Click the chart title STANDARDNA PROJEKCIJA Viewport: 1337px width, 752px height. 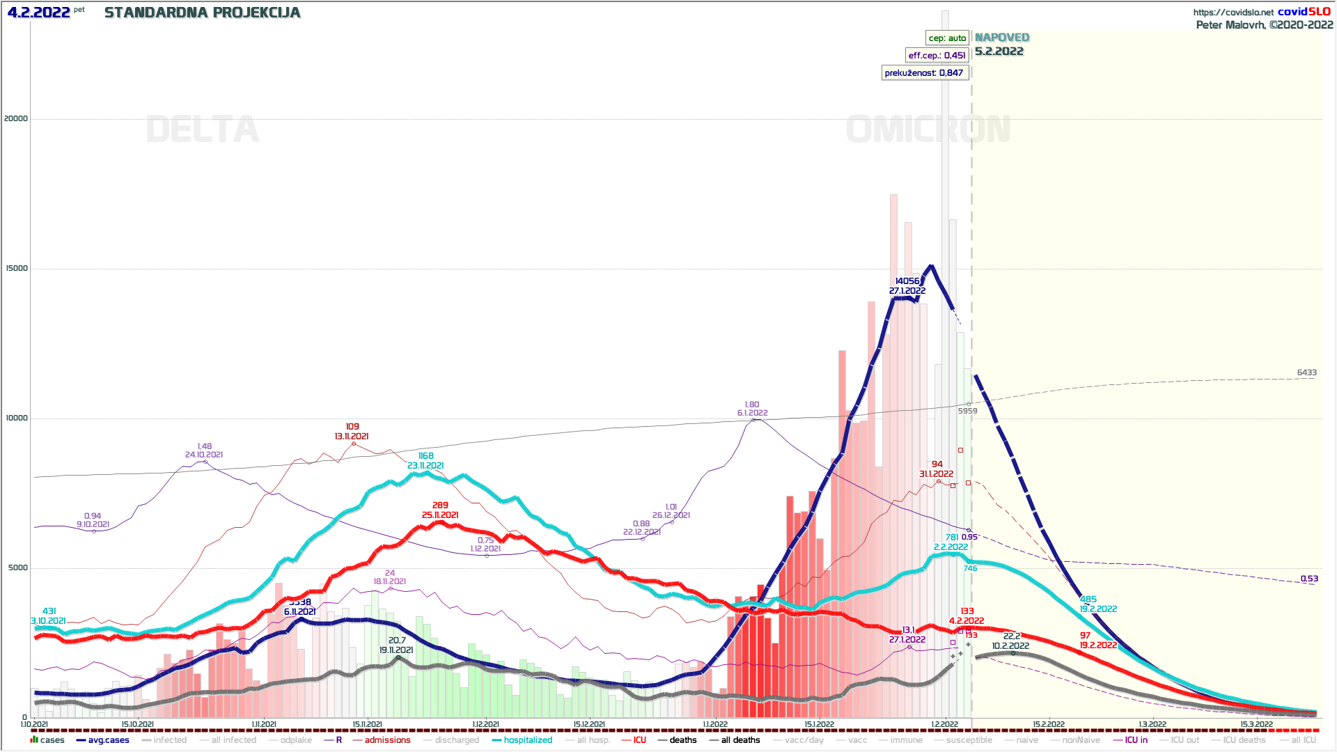click(x=202, y=13)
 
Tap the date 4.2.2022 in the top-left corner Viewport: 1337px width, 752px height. click(x=39, y=13)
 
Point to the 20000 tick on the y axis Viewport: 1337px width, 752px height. click(x=16, y=118)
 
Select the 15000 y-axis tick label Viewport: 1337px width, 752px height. click(x=16, y=268)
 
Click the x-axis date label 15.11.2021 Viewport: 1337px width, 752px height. click(x=367, y=725)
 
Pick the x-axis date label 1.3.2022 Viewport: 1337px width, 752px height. click(x=1152, y=725)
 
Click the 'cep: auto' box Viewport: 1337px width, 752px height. click(x=947, y=38)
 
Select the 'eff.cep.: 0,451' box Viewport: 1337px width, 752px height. click(x=937, y=56)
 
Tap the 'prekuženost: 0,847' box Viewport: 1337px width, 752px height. click(x=924, y=73)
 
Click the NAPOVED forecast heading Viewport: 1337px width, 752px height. click(x=1001, y=38)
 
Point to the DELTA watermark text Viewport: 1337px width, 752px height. click(x=202, y=130)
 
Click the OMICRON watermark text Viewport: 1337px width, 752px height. click(x=928, y=130)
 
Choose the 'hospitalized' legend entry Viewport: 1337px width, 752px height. click(x=527, y=740)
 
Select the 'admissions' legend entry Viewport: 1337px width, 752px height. click(x=387, y=740)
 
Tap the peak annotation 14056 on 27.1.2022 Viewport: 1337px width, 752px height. click(x=907, y=281)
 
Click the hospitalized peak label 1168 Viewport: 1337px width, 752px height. click(x=425, y=456)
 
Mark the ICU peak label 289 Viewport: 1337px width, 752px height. click(x=440, y=506)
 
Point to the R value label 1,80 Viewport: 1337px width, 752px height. click(x=752, y=405)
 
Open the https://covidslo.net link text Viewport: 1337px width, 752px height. click(x=1233, y=13)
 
